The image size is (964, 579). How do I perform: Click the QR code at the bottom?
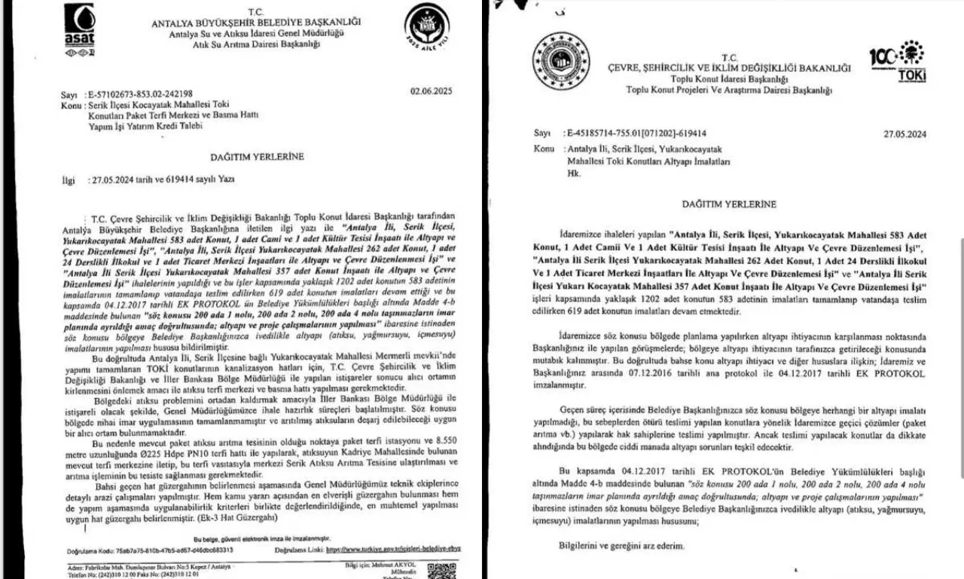pos(436,570)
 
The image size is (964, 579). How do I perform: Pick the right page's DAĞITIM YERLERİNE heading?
pos(729,204)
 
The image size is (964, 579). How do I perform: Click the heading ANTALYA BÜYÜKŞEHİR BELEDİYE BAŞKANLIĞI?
pos(257,23)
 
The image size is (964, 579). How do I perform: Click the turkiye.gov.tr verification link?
pos(392,550)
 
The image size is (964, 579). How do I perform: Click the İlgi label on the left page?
pos(69,181)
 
